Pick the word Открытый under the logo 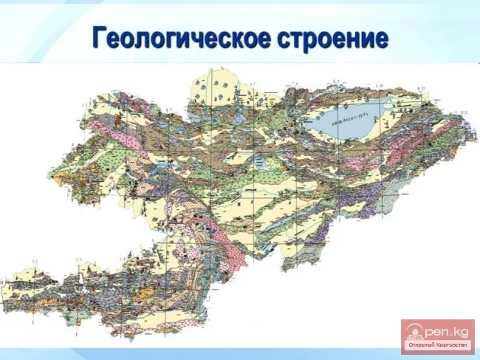pyautogui.click(x=422, y=345)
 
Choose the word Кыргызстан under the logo pyautogui.click(x=451, y=345)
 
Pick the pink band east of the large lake pyautogui.click(x=436, y=137)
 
